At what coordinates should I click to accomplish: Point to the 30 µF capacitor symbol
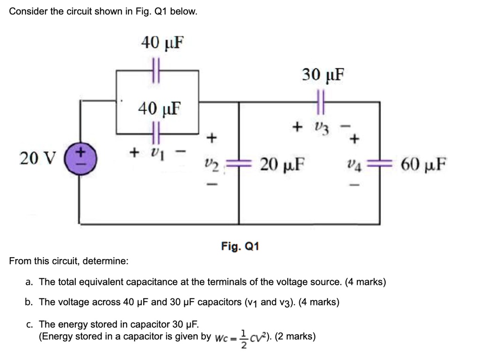[321, 101]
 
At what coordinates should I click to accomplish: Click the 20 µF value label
[283, 165]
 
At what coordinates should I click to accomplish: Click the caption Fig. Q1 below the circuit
[240, 246]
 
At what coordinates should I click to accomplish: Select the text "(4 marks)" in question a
[365, 282]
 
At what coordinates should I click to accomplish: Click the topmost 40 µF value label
[162, 43]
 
